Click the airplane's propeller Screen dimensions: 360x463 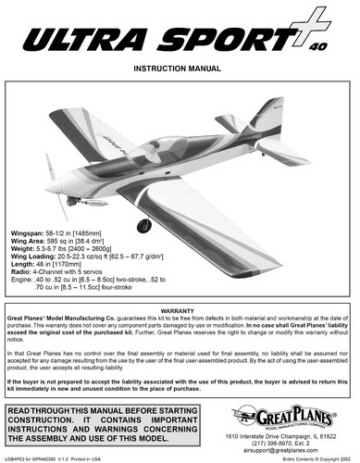pos(56,185)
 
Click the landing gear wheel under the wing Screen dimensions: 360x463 pos(144,224)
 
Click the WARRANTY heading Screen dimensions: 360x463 pos(180,311)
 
